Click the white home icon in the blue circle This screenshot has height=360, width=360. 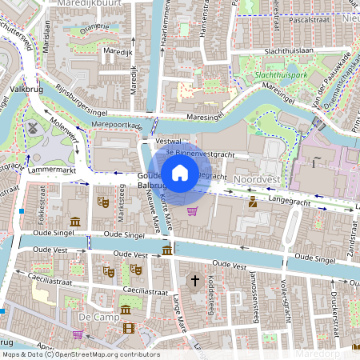tap(180, 172)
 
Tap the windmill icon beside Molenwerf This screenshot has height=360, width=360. tap(33, 127)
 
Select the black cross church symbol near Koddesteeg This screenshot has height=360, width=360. tap(194, 281)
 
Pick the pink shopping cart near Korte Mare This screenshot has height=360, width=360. tap(192, 211)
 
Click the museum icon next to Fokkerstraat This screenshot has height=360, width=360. tap(74, 221)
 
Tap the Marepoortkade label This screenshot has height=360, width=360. tap(117, 126)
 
